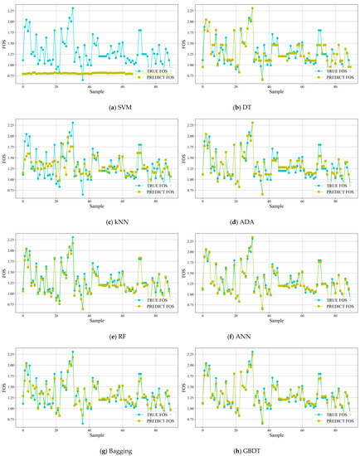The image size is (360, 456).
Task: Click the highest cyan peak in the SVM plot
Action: click(73, 8)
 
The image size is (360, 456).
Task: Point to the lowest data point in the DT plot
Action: click(263, 80)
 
